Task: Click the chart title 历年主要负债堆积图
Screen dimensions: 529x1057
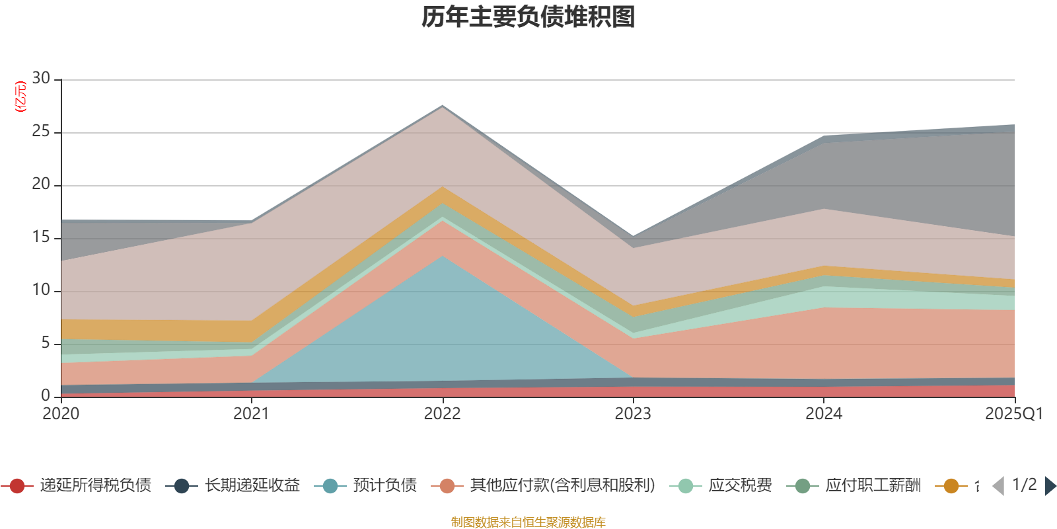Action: pyautogui.click(x=528, y=17)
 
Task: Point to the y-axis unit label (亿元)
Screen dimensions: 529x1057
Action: pyautogui.click(x=20, y=97)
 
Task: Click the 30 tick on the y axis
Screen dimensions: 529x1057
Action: pyautogui.click(x=41, y=79)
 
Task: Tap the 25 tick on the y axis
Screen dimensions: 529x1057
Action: pyautogui.click(x=41, y=132)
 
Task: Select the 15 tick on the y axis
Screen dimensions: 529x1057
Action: pyautogui.click(x=41, y=237)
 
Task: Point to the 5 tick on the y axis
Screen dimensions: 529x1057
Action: pyautogui.click(x=45, y=343)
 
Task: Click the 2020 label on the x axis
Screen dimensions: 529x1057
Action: pyautogui.click(x=61, y=414)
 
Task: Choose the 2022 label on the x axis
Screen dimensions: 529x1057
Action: pyautogui.click(x=442, y=414)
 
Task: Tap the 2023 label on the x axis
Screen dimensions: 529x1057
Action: pyautogui.click(x=633, y=414)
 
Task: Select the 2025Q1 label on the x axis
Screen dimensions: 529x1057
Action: pyautogui.click(x=1013, y=414)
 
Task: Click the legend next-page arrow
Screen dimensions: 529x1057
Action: pyautogui.click(x=1050, y=486)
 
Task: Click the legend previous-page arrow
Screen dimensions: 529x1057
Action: pyautogui.click(x=998, y=486)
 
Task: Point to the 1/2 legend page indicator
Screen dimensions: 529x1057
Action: pyautogui.click(x=1024, y=485)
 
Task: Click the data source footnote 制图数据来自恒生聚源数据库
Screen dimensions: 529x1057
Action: pyautogui.click(x=528, y=522)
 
